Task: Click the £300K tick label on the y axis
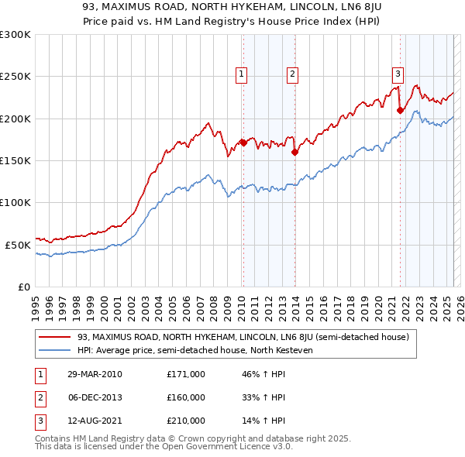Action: tap(15, 35)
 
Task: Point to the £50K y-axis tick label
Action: tap(17, 244)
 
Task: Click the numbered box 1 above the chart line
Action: tap(242, 74)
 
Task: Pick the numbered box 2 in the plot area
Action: tap(293, 74)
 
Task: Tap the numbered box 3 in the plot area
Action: tap(398, 74)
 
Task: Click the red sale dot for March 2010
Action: tap(243, 143)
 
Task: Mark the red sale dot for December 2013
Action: tap(294, 152)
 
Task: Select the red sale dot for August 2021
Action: tap(400, 110)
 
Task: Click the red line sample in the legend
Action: tap(55, 338)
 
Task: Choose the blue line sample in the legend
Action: tap(55, 349)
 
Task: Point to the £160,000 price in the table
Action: tap(186, 397)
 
